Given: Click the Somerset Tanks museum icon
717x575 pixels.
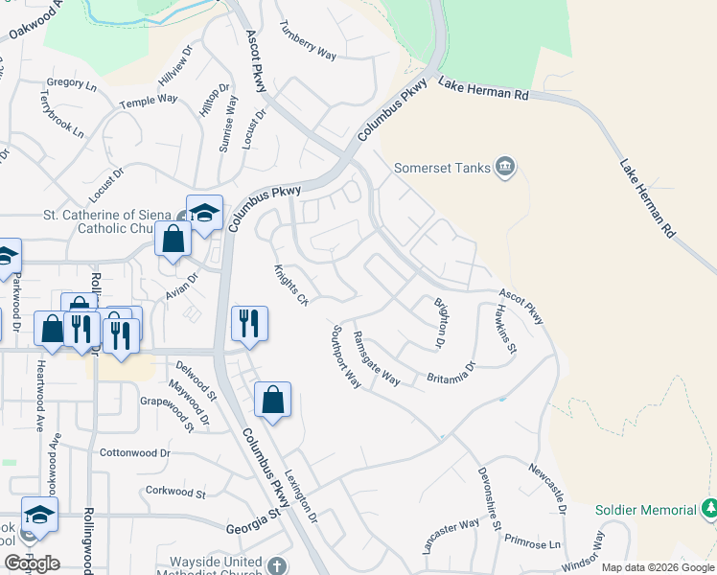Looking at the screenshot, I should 506,169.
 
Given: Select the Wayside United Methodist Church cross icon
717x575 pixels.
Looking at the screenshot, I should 277,565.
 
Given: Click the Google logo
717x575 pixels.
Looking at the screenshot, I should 32,563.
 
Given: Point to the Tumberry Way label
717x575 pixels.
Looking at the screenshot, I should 308,42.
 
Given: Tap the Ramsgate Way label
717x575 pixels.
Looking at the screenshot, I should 377,357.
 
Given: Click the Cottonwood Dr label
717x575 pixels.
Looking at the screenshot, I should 134,452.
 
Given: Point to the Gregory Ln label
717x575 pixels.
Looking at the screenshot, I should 71,84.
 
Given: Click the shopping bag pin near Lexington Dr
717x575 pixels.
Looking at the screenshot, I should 273,400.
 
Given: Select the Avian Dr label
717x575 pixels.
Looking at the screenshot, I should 181,286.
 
